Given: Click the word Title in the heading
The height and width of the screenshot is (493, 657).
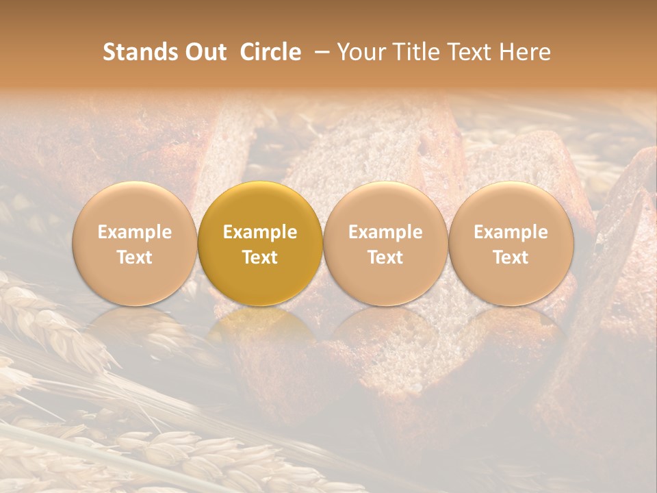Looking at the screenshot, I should (417, 52).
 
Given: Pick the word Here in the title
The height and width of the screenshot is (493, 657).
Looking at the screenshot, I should (525, 52).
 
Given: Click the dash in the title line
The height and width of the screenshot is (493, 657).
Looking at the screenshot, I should (319, 52).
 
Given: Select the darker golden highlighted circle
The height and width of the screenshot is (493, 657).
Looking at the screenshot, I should (260, 244).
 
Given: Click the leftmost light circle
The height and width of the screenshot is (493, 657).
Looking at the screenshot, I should (134, 244).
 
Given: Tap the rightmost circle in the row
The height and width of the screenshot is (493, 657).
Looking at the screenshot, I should (511, 244).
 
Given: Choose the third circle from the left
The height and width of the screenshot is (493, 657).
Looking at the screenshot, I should (385, 244).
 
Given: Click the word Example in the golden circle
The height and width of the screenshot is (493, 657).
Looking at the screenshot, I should (260, 232).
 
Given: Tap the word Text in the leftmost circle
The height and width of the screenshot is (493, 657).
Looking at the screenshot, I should (134, 257).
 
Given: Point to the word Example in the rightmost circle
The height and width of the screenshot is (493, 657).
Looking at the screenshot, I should (511, 232).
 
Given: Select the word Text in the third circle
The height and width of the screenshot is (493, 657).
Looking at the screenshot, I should (385, 257).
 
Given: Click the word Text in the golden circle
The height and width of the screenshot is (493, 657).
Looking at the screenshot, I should (260, 257).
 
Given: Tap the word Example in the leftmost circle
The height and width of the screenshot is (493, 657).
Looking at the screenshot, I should (134, 232).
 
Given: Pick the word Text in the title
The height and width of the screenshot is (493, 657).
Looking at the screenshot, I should (469, 52).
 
